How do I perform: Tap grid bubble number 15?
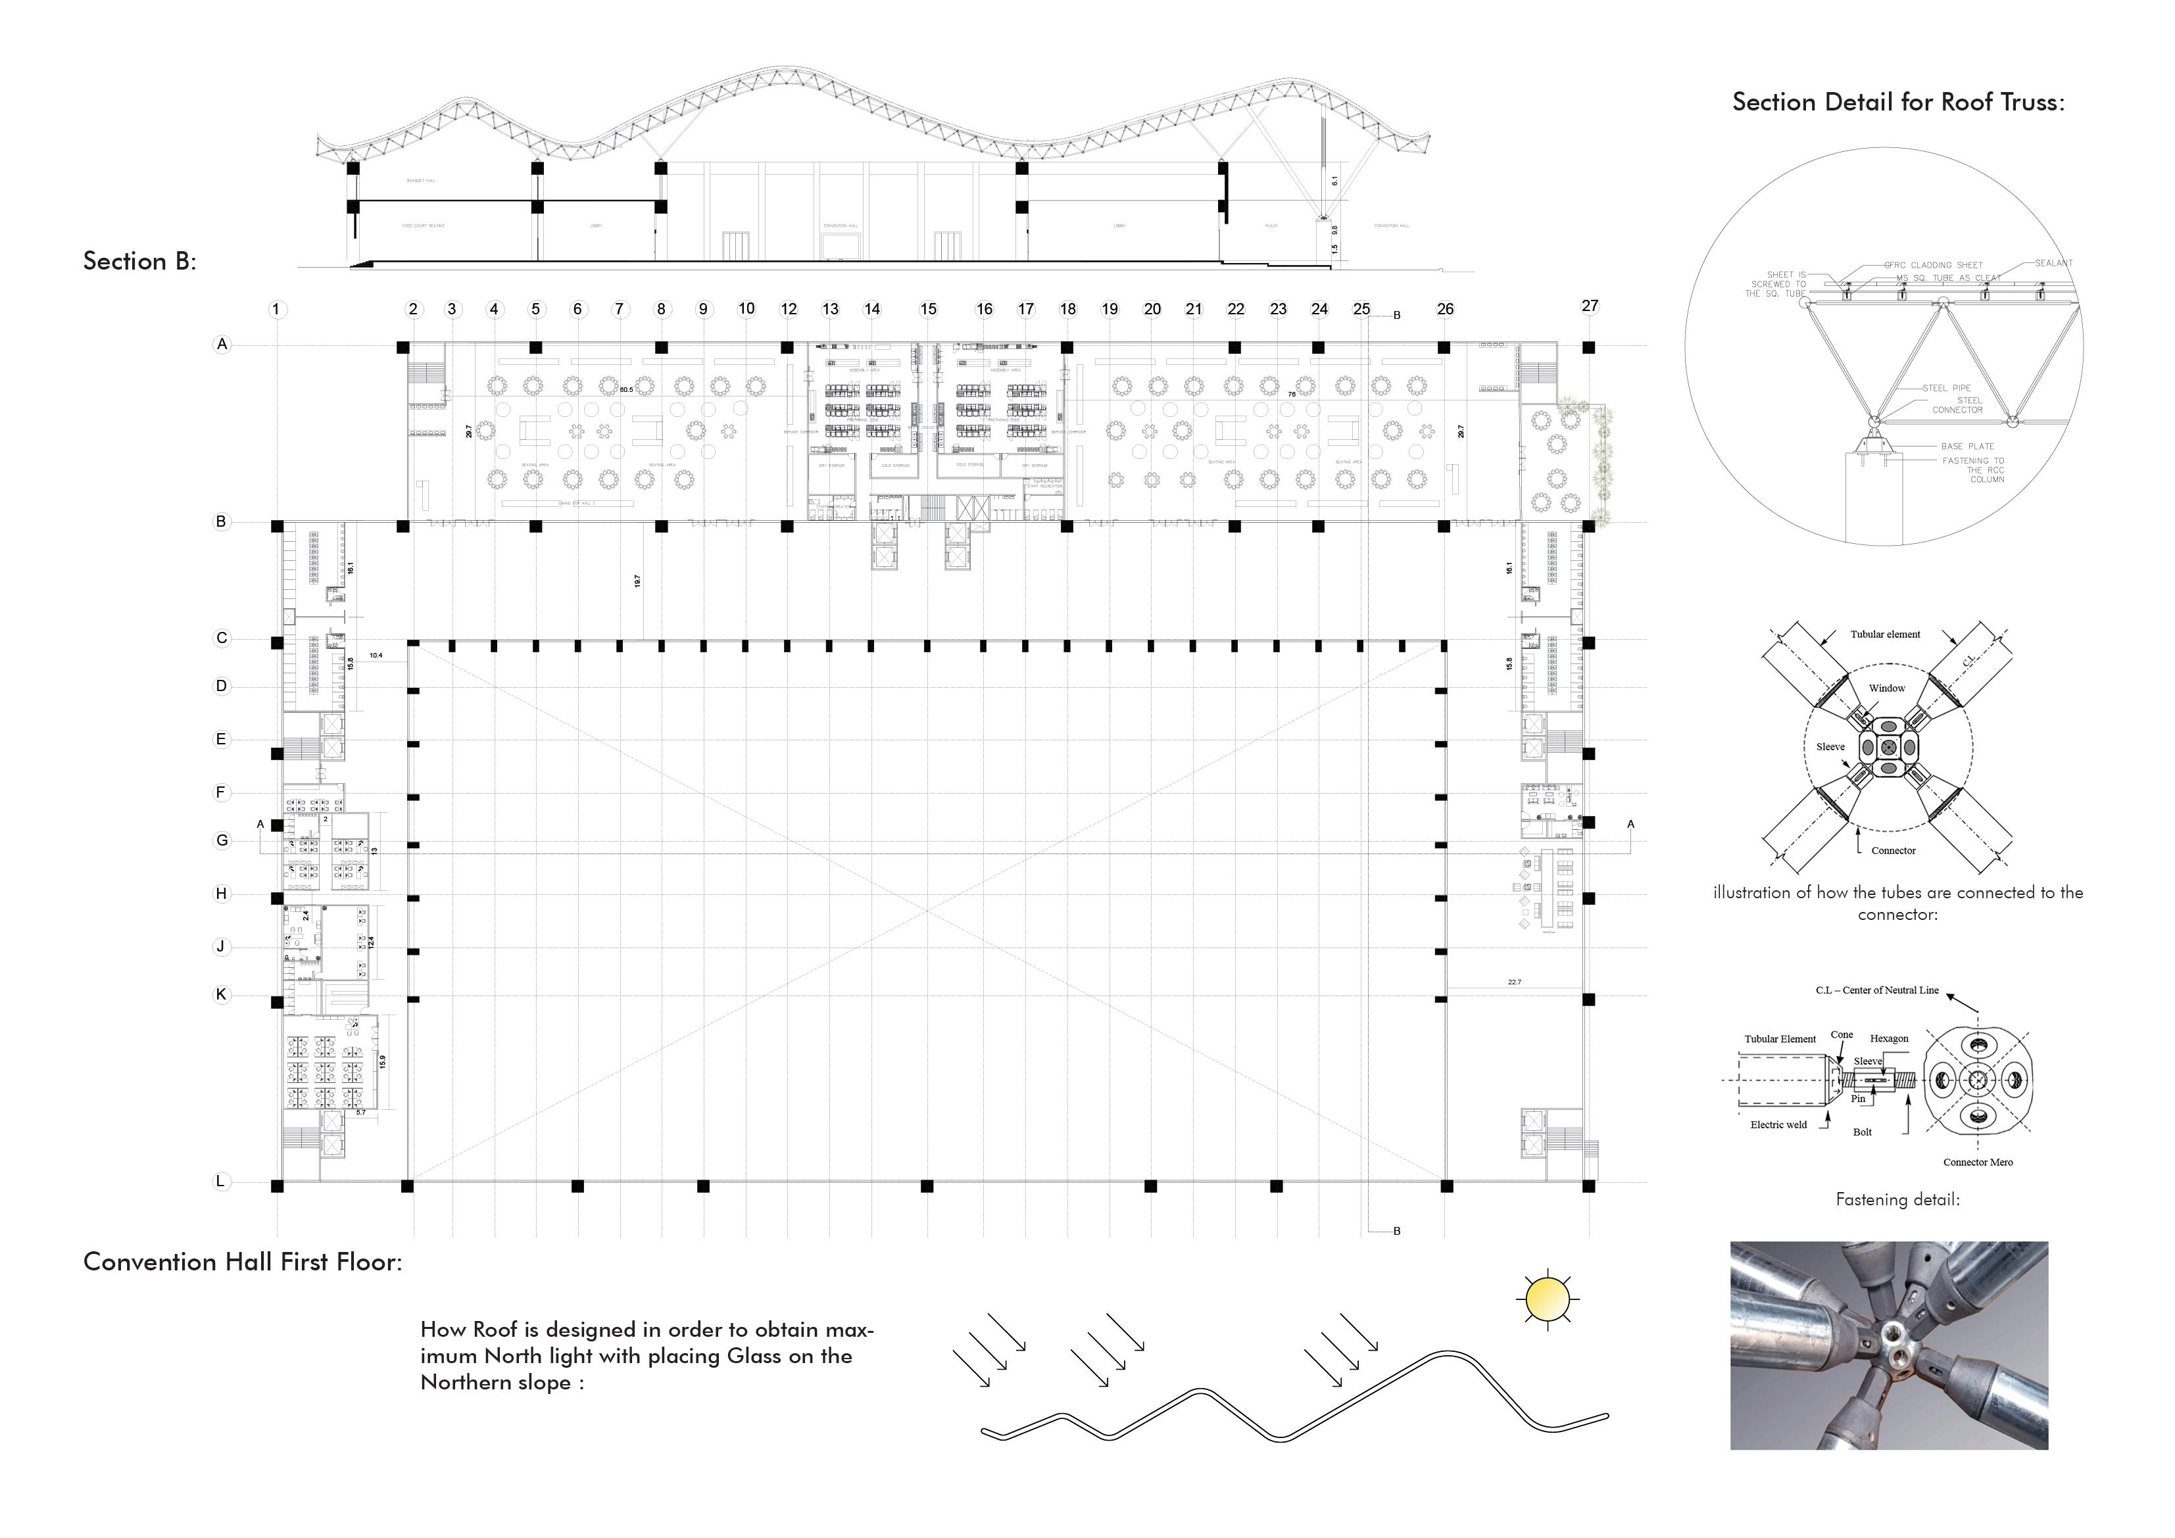point(929,309)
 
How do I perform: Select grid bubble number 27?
point(1590,305)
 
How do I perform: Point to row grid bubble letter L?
point(221,1181)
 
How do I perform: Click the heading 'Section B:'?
point(140,262)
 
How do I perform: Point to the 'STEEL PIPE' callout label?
point(1947,389)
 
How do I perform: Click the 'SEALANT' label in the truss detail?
point(2054,263)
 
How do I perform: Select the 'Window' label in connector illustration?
point(1887,688)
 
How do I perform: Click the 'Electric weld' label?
point(1778,1125)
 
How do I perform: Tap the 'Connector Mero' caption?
point(1978,1162)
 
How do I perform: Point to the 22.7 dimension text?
point(1514,982)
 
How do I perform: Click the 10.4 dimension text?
point(376,656)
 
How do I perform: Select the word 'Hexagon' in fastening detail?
point(1889,1039)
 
